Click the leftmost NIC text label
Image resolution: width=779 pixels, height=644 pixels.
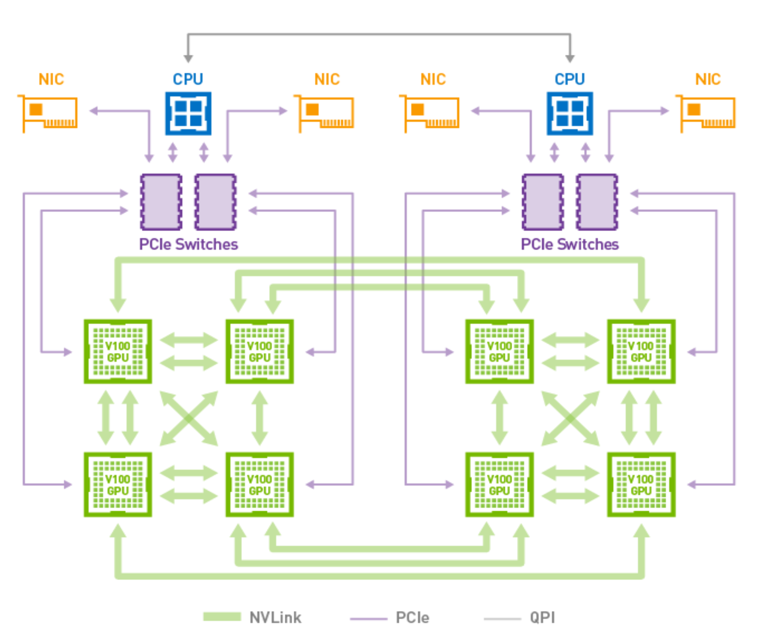coord(51,79)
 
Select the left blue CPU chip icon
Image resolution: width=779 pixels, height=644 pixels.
coord(188,114)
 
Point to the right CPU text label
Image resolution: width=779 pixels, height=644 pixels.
coord(569,79)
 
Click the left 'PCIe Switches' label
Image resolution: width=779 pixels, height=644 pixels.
coord(188,245)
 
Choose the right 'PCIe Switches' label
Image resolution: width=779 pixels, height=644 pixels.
coord(569,245)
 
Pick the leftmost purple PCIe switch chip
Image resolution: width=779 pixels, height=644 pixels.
coord(161,202)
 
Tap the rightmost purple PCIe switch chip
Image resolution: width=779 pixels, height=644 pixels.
coord(597,202)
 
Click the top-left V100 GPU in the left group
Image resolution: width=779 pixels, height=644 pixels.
coord(118,352)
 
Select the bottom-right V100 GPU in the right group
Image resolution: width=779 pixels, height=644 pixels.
coord(641,484)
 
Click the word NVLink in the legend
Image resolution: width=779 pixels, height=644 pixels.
coord(275,618)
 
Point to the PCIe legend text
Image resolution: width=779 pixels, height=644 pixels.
coord(412,618)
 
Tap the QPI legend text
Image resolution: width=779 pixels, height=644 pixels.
coord(542,618)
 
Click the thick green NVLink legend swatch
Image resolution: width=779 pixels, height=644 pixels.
coord(222,617)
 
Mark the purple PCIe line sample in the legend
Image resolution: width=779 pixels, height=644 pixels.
coord(368,619)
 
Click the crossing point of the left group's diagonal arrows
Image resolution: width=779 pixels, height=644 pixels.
coord(189,418)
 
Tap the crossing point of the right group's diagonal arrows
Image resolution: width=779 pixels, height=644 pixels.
coord(570,418)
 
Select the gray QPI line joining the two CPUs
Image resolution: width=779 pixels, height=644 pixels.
coord(379,35)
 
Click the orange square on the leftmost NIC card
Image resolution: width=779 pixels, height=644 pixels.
coord(36,109)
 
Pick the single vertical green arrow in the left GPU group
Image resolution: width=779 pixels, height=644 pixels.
coord(260,418)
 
